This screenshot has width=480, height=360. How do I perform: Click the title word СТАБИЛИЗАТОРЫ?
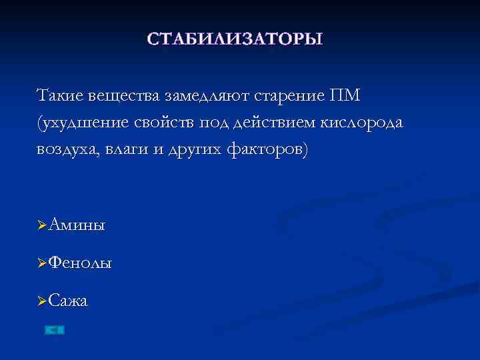pyautogui.click(x=235, y=38)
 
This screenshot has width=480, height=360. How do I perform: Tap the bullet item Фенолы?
pyautogui.click(x=80, y=263)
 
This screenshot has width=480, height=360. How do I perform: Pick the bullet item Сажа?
pyautogui.click(x=68, y=301)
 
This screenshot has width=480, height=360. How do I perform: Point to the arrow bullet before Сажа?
pyautogui.click(x=43, y=302)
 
